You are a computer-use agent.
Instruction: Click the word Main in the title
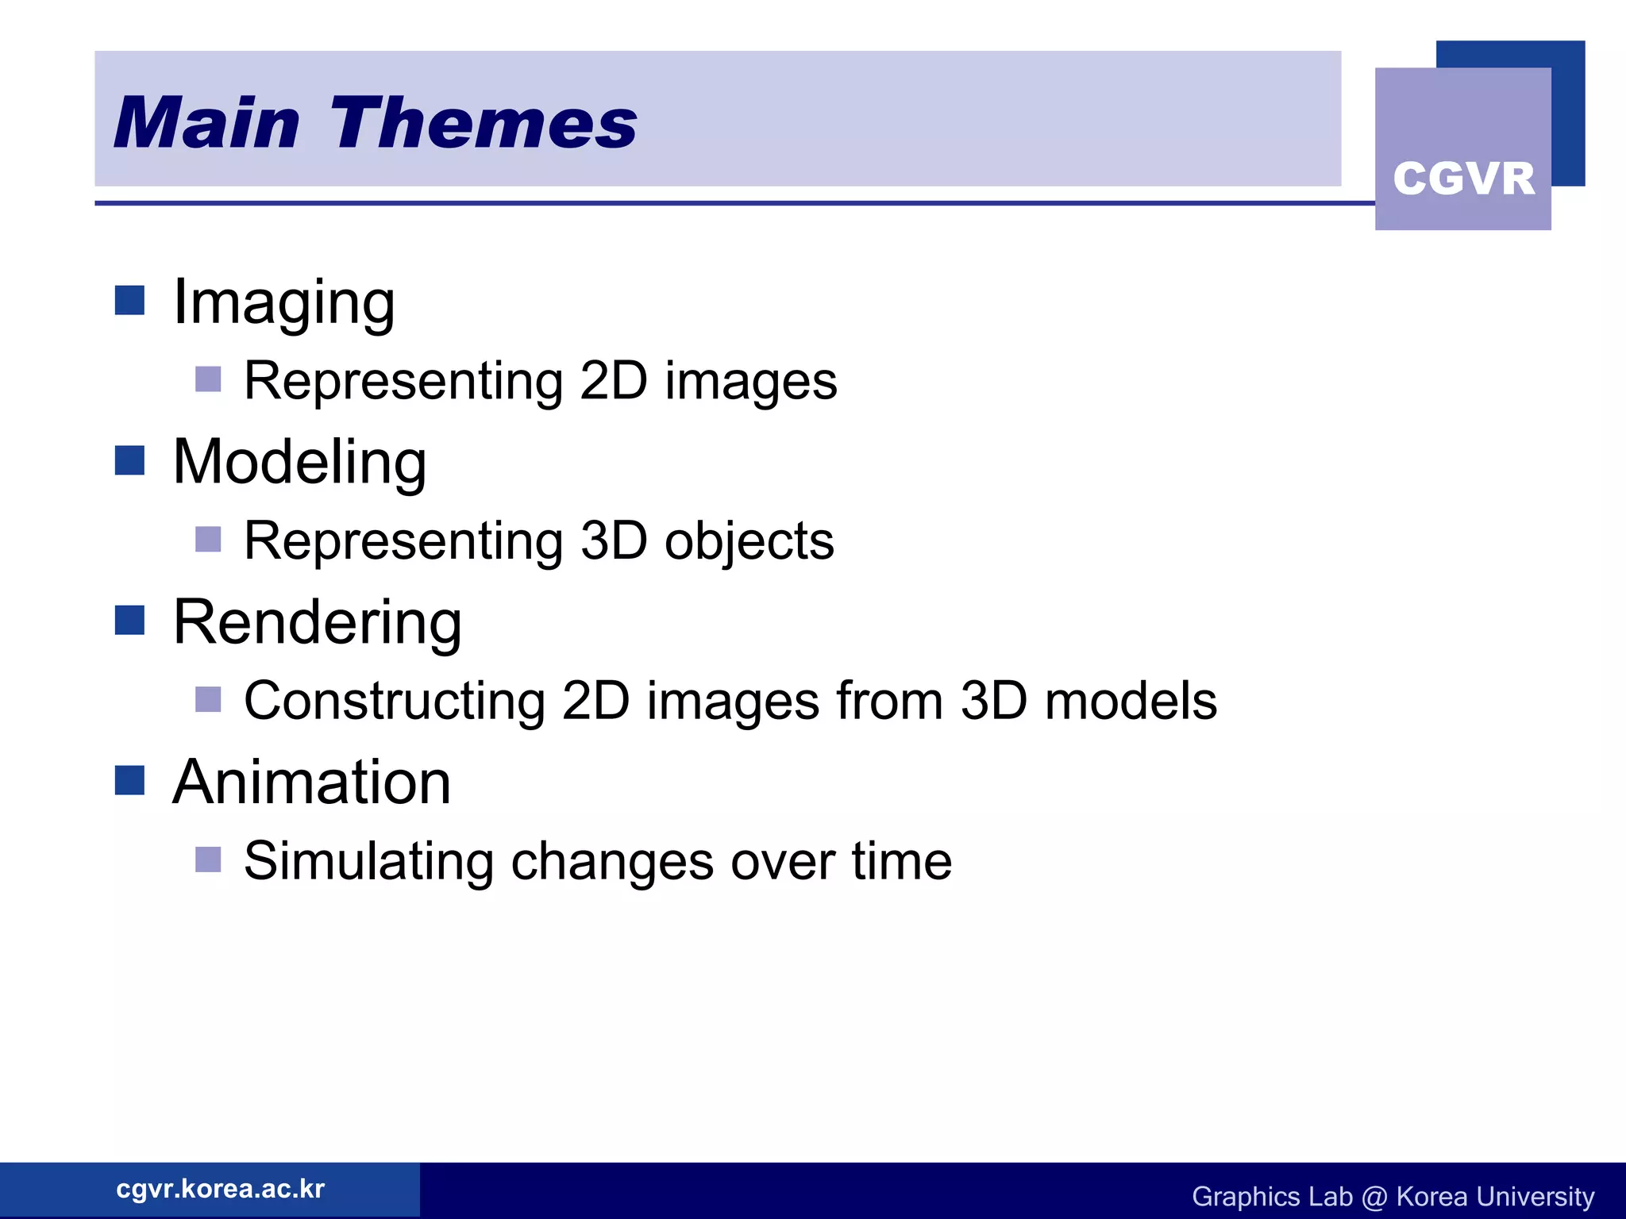tap(207, 124)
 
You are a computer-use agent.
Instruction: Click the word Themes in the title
tap(484, 124)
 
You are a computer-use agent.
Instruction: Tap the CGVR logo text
tap(1463, 179)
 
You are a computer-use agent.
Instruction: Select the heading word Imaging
tap(283, 303)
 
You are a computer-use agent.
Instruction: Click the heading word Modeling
tap(299, 463)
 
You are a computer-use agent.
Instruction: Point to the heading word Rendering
tap(317, 623)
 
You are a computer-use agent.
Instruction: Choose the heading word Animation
tap(311, 783)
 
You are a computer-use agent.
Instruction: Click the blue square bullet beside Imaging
tap(129, 301)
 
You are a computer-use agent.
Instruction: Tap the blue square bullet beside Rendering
tap(129, 621)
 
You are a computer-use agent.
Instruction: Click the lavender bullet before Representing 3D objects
tap(208, 539)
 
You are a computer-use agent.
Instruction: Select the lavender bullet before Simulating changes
tap(208, 859)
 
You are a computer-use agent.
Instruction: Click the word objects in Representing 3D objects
tap(749, 542)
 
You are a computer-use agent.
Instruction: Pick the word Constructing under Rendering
tap(395, 702)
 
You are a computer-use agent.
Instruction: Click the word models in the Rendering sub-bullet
tap(1130, 702)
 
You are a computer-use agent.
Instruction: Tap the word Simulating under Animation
tap(368, 862)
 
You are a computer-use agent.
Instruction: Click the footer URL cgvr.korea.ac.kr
tap(220, 1189)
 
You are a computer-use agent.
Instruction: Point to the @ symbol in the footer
tap(1374, 1197)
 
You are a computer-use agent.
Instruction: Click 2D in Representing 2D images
tap(614, 382)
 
